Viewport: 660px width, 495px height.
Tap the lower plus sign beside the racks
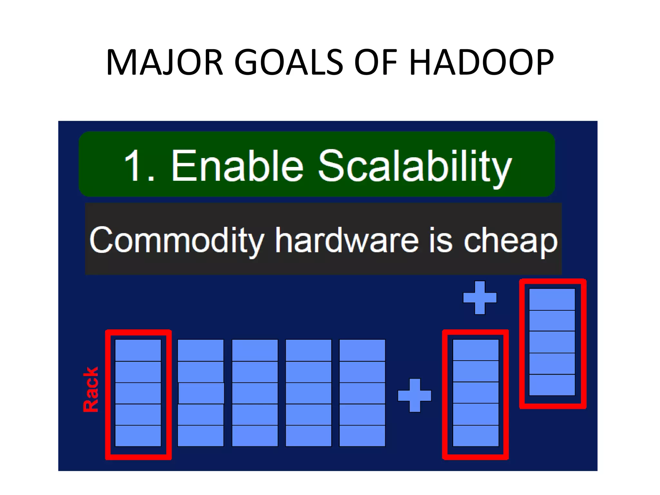pos(414,395)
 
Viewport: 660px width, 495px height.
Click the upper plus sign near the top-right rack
pos(480,297)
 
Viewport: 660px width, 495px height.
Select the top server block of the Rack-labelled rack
pos(138,350)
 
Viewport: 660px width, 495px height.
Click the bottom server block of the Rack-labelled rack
pos(138,436)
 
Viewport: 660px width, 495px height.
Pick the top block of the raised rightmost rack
pos(552,299)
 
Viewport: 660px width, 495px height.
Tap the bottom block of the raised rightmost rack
pos(552,385)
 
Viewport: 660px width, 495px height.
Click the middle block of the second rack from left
pos(201,393)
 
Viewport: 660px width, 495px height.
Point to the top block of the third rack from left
pos(255,350)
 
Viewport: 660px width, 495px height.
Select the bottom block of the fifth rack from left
pos(362,436)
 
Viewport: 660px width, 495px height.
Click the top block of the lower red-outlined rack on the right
pos(475,350)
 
